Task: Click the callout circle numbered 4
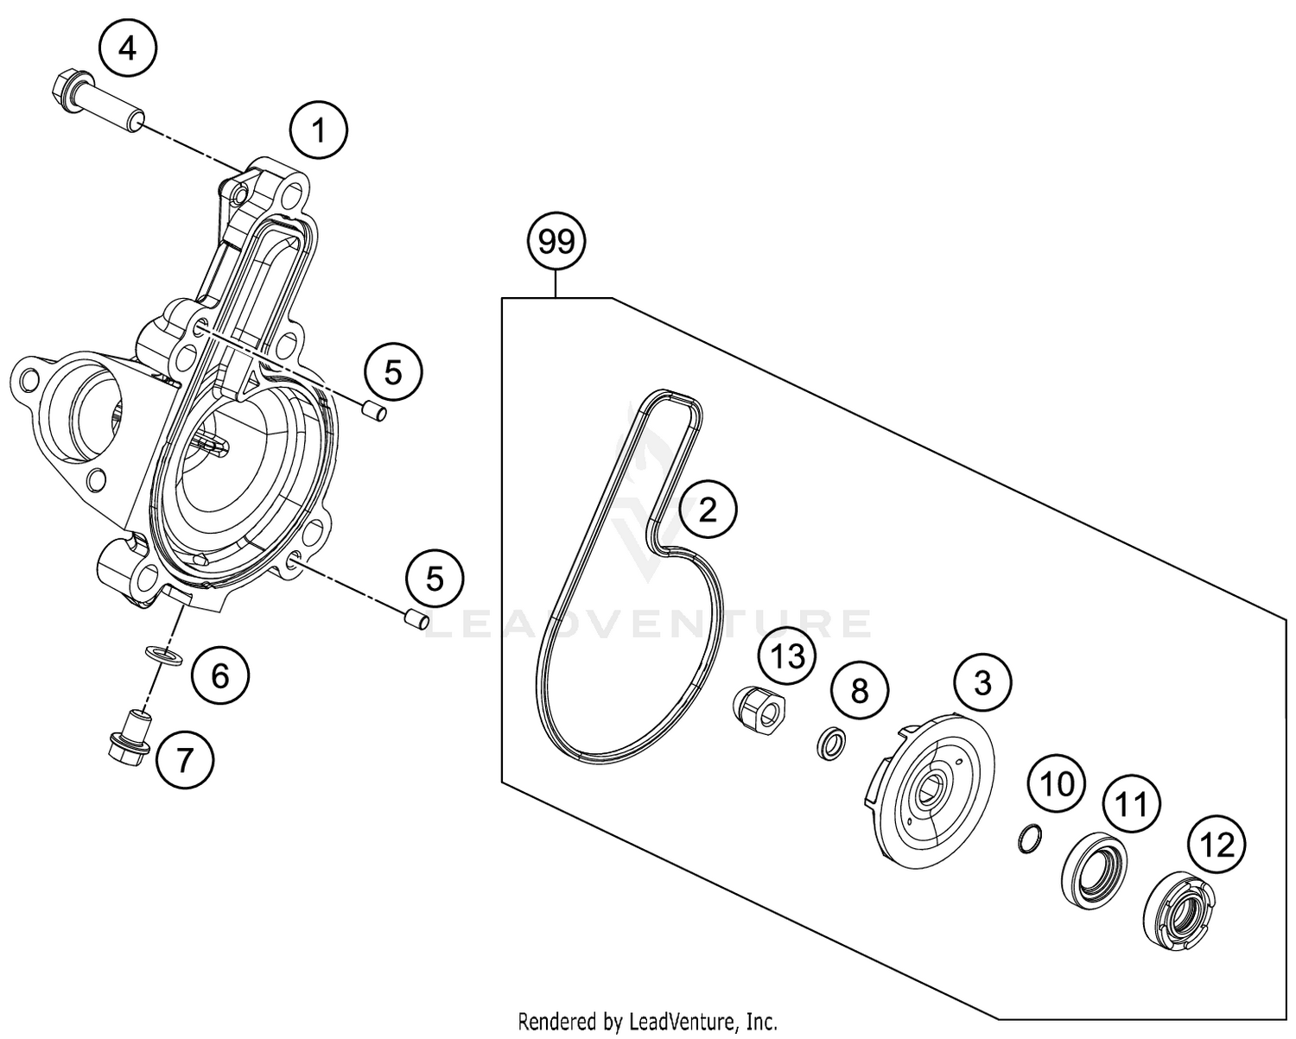pyautogui.click(x=127, y=49)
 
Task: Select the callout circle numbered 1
pyautogui.click(x=319, y=131)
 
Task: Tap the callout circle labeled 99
pyautogui.click(x=556, y=242)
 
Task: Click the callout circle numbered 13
pyautogui.click(x=788, y=656)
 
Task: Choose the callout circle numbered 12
pyautogui.click(x=1217, y=844)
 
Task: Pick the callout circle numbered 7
pyautogui.click(x=183, y=760)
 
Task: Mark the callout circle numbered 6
pyautogui.click(x=219, y=675)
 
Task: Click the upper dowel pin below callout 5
pyautogui.click(x=373, y=412)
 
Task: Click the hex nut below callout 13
pyautogui.click(x=759, y=706)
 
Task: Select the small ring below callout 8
pyautogui.click(x=831, y=743)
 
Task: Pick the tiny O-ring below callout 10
pyautogui.click(x=1028, y=838)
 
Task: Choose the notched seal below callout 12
pyautogui.click(x=1178, y=908)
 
